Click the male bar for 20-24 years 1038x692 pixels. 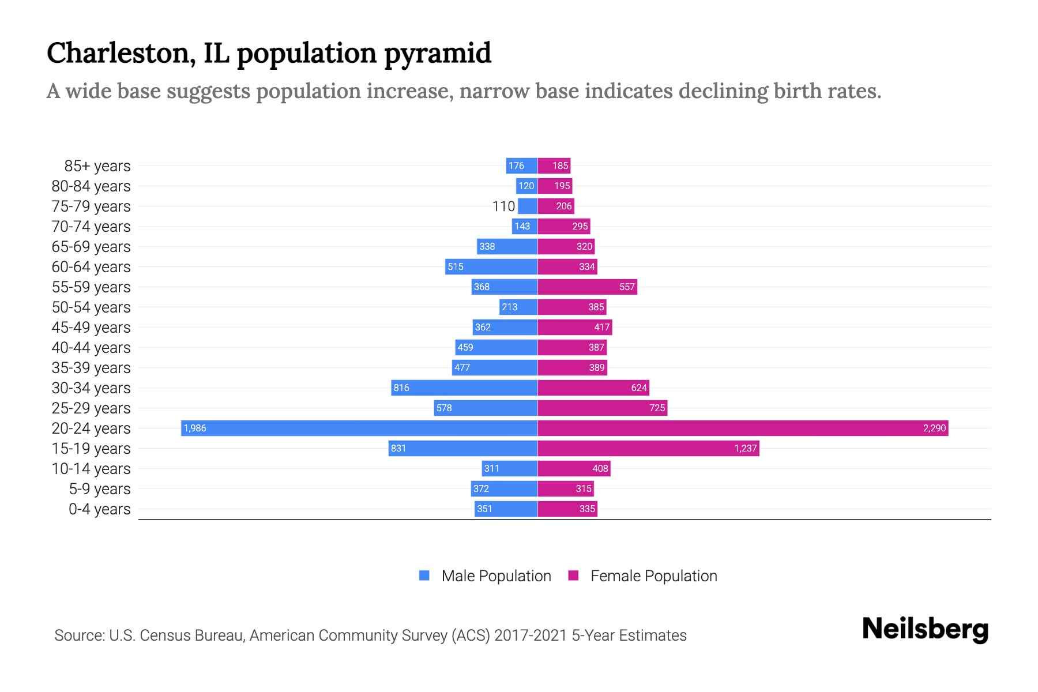tap(359, 428)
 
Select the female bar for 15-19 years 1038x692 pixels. tap(648, 448)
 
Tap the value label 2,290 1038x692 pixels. tap(934, 428)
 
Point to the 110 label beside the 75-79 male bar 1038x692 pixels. tap(503, 206)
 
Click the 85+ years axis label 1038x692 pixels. tap(97, 166)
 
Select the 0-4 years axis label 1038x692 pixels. tap(99, 509)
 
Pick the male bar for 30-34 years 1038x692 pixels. tap(464, 388)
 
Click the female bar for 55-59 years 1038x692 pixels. tap(587, 287)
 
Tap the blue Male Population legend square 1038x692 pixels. tap(424, 576)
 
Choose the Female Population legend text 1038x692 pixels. tap(653, 576)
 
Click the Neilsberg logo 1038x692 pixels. tap(925, 629)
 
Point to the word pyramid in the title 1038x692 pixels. tap(437, 54)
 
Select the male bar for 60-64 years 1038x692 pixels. tap(491, 266)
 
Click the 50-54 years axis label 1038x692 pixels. tap(91, 307)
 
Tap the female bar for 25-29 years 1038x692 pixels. tap(602, 408)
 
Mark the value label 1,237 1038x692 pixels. tap(745, 448)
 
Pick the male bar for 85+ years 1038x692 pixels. tap(521, 166)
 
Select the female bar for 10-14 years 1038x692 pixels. tap(574, 468)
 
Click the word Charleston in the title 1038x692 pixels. tap(118, 54)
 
